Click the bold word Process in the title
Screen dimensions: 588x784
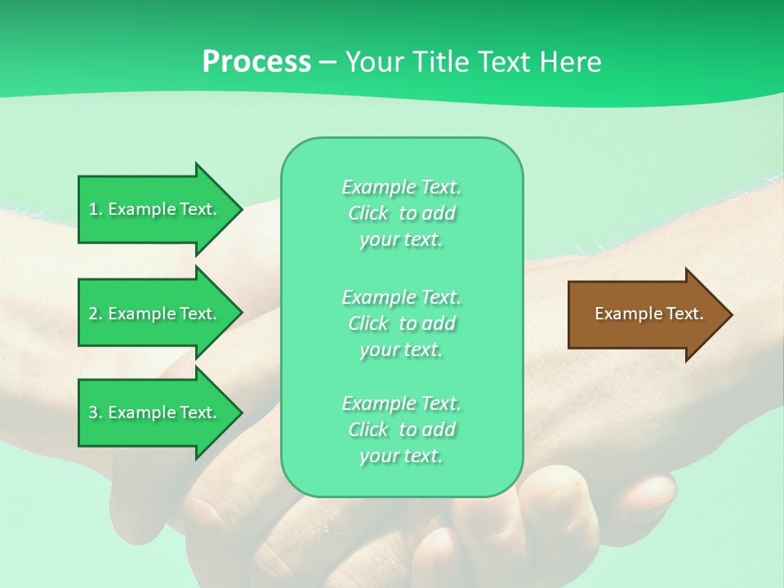(256, 62)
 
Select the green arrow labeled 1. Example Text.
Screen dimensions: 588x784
(155, 209)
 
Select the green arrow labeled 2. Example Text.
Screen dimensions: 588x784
(155, 314)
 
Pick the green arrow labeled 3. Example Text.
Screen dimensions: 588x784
(155, 412)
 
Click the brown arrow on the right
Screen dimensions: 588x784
(645, 314)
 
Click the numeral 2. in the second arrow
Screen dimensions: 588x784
(96, 314)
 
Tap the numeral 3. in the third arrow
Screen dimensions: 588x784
(96, 412)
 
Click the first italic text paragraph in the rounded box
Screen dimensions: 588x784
(402, 213)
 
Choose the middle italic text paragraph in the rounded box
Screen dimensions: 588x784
(402, 323)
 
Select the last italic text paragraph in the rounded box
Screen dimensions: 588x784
(402, 430)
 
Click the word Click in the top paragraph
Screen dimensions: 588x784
(368, 213)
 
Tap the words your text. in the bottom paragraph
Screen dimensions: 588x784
(401, 456)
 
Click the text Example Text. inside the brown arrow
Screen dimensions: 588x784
(649, 314)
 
